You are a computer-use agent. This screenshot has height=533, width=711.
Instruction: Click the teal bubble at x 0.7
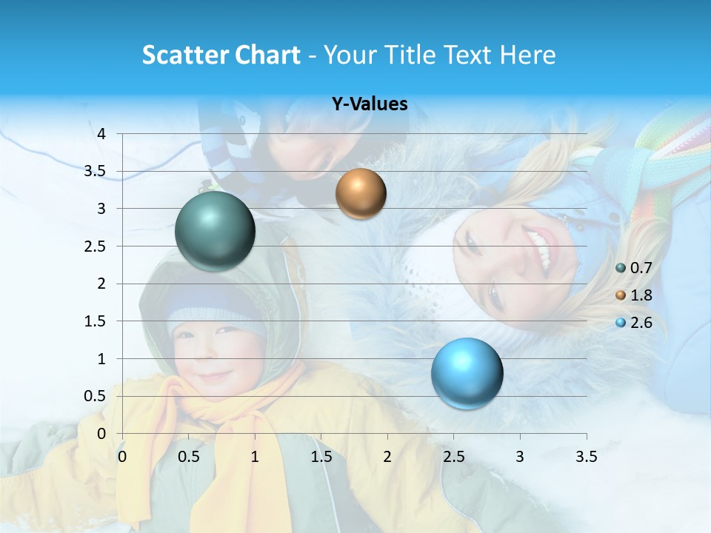click(x=215, y=231)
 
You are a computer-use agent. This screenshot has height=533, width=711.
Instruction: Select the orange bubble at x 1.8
click(x=361, y=193)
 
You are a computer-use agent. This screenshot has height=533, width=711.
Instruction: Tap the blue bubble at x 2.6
click(x=467, y=373)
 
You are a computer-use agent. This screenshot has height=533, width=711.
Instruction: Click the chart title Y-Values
click(x=370, y=104)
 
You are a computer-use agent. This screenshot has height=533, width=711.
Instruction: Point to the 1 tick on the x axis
click(x=255, y=457)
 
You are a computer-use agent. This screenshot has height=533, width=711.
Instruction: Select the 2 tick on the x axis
click(x=387, y=457)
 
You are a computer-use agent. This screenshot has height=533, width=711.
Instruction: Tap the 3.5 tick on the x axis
click(x=586, y=457)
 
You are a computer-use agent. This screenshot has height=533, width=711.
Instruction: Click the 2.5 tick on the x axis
click(x=453, y=457)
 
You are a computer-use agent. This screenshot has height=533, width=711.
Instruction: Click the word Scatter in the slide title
click(x=184, y=55)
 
